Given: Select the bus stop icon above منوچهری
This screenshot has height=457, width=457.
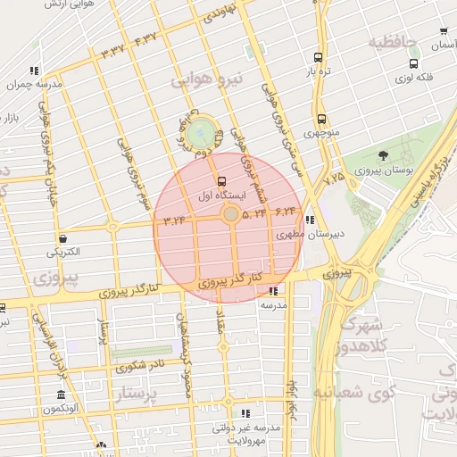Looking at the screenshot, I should tap(320, 120).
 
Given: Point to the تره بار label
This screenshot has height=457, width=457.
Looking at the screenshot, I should tap(320, 71).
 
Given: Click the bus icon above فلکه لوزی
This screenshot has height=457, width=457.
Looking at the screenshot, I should tap(413, 64).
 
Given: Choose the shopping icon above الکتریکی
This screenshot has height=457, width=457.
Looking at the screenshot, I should tap(63, 238).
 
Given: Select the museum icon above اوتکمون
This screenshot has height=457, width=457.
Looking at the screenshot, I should tap(61, 395).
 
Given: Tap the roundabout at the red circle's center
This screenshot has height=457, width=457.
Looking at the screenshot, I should tap(230, 214).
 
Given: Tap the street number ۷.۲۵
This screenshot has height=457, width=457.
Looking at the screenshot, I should tap(334, 179).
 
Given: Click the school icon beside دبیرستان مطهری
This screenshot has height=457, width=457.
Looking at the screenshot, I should tap(309, 220).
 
